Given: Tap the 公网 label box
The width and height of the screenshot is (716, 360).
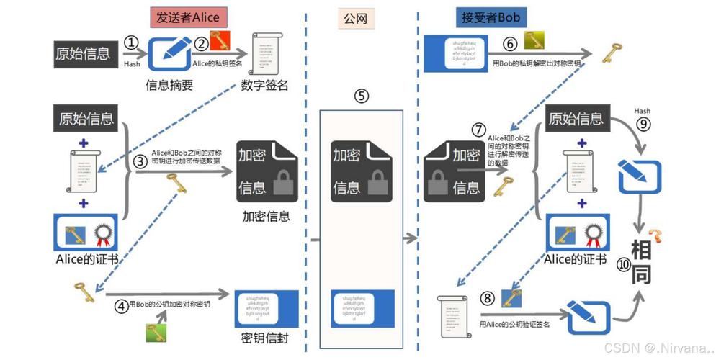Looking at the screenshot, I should tap(356, 17).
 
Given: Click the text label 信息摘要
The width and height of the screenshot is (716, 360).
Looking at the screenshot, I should tap(170, 86).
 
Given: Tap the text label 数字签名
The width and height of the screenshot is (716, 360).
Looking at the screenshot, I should tap(264, 86).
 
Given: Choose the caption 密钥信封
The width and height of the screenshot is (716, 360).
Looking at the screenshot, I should tap(266, 338).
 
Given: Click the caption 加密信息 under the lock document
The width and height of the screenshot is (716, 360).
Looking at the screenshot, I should tap(266, 215).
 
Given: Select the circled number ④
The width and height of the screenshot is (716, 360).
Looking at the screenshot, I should tap(122, 305).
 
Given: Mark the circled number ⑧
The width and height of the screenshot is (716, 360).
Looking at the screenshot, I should tap(488, 297).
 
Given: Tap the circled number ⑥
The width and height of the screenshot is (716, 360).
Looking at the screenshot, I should tap(509, 43).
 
